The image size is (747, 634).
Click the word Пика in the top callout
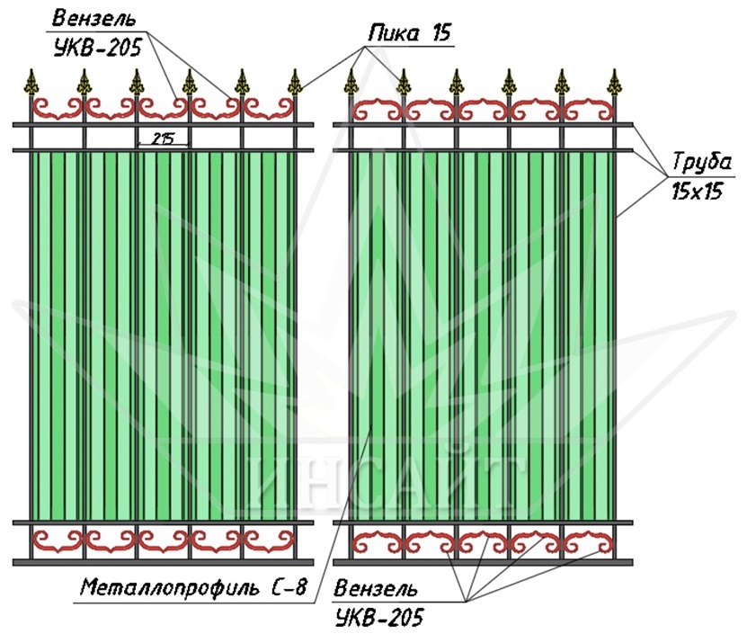pyautogui.click(x=394, y=34)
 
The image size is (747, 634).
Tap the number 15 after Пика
pyautogui.click(x=441, y=33)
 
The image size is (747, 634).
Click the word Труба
pyautogui.click(x=702, y=162)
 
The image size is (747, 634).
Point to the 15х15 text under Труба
pyautogui.click(x=697, y=192)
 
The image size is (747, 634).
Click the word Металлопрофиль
pyautogui.click(x=170, y=587)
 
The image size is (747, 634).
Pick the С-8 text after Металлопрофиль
pyautogui.click(x=289, y=587)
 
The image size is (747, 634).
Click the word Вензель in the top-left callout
pyautogui.click(x=93, y=19)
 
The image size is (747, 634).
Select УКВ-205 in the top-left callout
pyautogui.click(x=98, y=48)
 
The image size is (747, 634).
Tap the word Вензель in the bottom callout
pyautogui.click(x=376, y=589)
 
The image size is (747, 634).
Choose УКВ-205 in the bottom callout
pyautogui.click(x=379, y=619)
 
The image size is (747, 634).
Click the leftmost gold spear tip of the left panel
pyautogui.click(x=32, y=83)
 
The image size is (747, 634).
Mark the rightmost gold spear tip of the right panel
pyautogui.click(x=615, y=83)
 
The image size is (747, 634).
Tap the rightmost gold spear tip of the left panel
pyautogui.click(x=296, y=83)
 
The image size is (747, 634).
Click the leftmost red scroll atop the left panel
pyautogui.click(x=58, y=109)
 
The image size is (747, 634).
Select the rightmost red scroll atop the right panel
pyautogui.click(x=589, y=109)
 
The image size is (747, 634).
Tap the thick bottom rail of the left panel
pyautogui.click(x=163, y=562)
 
